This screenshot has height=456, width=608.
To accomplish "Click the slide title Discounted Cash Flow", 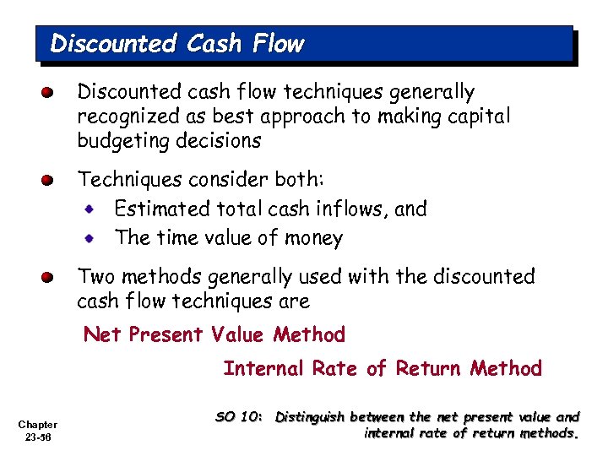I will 177,43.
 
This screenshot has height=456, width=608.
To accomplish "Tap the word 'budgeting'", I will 122,141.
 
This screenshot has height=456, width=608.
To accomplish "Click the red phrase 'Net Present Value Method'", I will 214,335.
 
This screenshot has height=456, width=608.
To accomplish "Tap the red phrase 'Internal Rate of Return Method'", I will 383,368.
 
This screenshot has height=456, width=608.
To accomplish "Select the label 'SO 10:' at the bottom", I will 240,416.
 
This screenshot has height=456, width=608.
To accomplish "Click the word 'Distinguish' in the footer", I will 310,417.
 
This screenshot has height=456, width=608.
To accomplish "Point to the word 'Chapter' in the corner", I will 37,425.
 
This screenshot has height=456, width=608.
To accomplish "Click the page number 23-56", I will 37,438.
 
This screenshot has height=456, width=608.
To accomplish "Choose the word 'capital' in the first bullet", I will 480,117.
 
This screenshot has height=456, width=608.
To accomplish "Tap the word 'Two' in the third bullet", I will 95,277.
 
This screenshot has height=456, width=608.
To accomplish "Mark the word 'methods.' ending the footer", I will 551,434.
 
